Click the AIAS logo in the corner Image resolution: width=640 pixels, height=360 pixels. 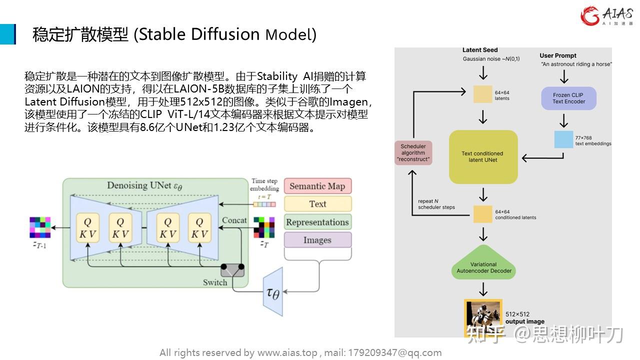(x=606, y=15)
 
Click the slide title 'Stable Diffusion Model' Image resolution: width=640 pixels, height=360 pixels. (x=174, y=34)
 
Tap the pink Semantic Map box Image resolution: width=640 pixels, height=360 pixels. (x=317, y=186)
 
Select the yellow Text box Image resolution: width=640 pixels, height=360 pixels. (x=317, y=204)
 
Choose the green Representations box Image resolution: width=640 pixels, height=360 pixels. (x=317, y=222)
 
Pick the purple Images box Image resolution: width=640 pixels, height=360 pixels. (x=317, y=240)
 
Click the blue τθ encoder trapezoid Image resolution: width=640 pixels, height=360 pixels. (x=272, y=292)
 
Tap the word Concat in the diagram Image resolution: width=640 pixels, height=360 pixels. (x=234, y=220)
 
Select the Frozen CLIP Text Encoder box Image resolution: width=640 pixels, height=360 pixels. (x=568, y=98)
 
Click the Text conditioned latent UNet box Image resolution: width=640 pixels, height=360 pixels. (x=483, y=157)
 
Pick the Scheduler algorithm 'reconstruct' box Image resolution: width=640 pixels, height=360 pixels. (x=413, y=153)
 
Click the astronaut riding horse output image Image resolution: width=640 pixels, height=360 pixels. (x=483, y=318)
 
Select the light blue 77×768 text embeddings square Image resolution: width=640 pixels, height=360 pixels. (x=563, y=139)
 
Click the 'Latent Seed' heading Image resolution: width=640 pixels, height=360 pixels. (x=480, y=50)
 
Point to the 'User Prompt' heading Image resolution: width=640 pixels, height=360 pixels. (x=558, y=55)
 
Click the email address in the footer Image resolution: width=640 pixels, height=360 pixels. (x=390, y=352)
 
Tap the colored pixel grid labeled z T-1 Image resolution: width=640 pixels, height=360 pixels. (x=40, y=227)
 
